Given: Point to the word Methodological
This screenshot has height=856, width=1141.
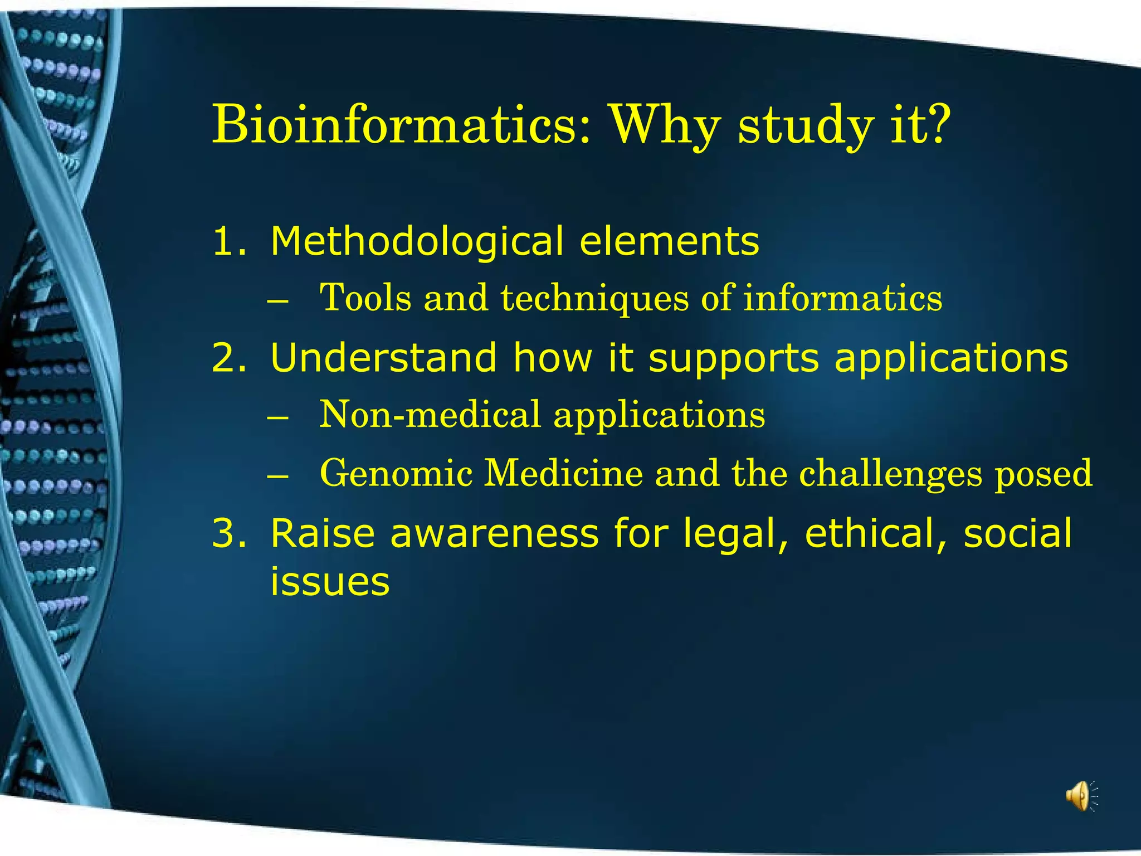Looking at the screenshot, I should pyautogui.click(x=417, y=241).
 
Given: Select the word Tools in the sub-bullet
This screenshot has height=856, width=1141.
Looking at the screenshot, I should pyautogui.click(x=365, y=298).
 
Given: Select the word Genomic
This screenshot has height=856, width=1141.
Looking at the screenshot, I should pyautogui.click(x=396, y=473).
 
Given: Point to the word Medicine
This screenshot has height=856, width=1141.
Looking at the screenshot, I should pyautogui.click(x=563, y=473).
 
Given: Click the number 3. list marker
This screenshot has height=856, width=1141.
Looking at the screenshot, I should pyautogui.click(x=229, y=533).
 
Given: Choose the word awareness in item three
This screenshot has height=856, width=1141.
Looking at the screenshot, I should pyautogui.click(x=494, y=533).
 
